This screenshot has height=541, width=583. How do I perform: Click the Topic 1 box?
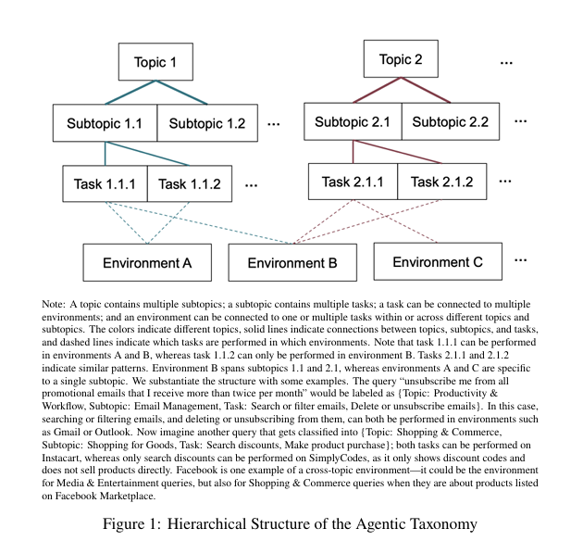coord(155,63)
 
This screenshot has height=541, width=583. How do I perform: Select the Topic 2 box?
coord(401,60)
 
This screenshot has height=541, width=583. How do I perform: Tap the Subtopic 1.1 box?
coord(105,123)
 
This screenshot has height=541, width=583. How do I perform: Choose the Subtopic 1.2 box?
coord(206,123)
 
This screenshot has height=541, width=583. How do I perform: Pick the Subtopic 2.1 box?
coord(352,121)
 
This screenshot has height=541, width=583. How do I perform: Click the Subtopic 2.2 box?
coord(450,121)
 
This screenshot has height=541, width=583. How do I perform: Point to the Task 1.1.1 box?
coord(105,183)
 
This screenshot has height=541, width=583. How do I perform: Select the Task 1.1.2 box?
coord(189,183)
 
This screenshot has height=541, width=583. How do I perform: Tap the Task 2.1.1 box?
coord(353,182)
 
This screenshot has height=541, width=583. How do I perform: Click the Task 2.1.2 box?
coord(440,182)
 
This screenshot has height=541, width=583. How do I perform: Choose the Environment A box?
coord(146,263)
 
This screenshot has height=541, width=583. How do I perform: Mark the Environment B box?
coord(291,263)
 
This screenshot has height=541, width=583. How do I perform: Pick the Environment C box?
coord(437,262)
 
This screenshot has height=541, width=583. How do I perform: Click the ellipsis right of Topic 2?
coord(506,63)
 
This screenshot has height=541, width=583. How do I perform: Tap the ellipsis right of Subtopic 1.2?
coord(274,123)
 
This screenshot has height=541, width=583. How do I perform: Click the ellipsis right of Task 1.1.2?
coord(251,184)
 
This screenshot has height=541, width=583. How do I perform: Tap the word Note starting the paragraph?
coord(55,304)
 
